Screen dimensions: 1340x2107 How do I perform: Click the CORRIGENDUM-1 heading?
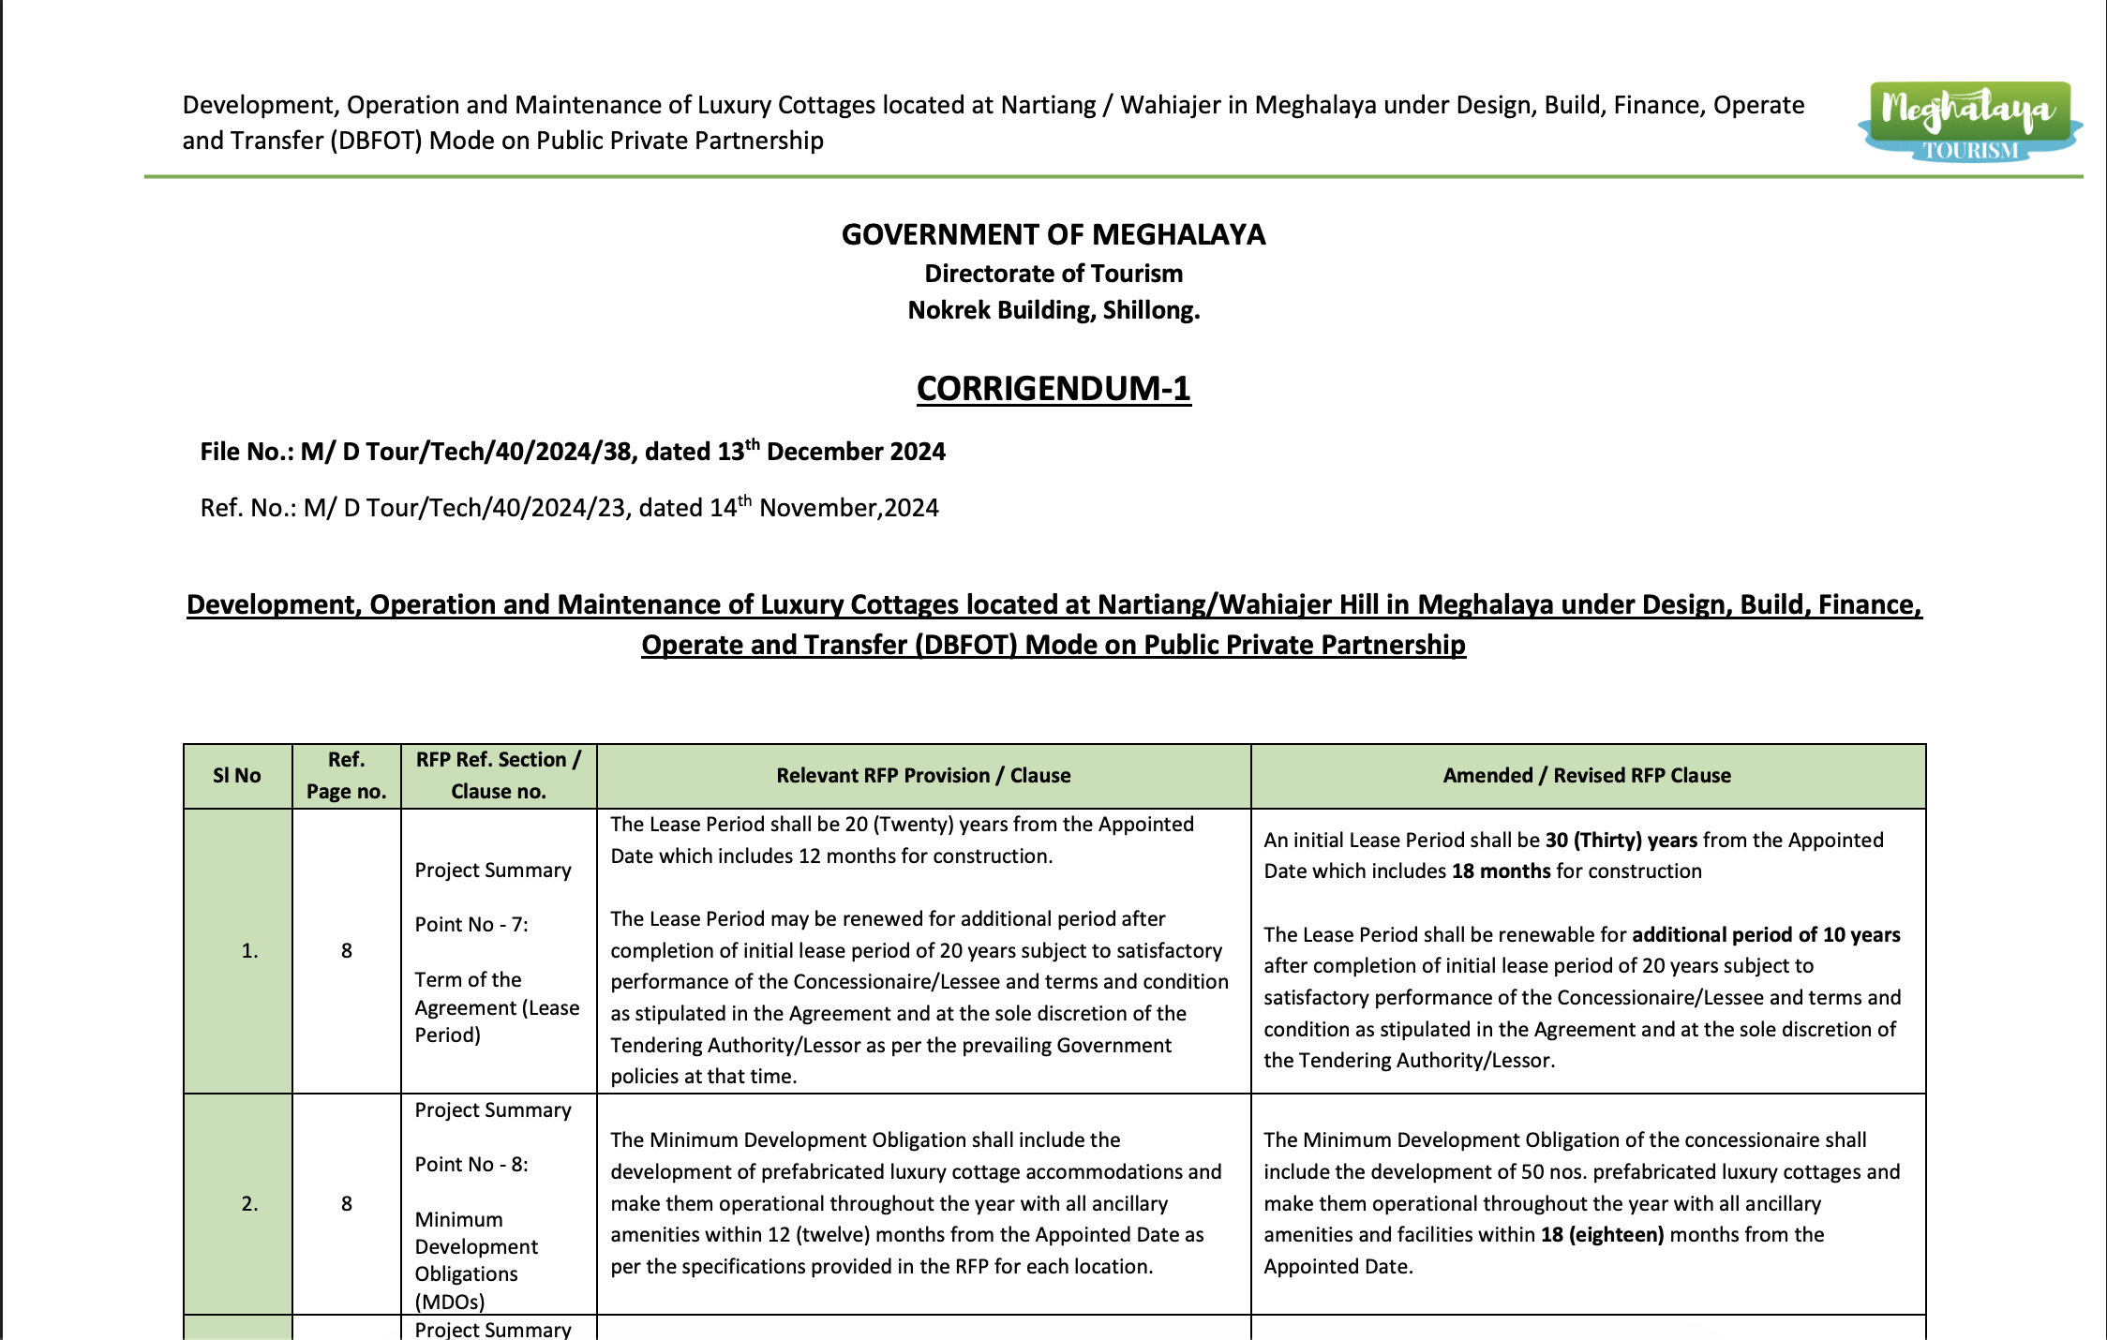click(x=1053, y=388)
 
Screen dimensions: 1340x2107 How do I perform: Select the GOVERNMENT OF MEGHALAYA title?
click(x=1053, y=234)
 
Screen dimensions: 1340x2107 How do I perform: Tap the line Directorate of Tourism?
click(x=1053, y=274)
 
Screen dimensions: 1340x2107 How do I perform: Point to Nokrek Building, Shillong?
click(x=1053, y=310)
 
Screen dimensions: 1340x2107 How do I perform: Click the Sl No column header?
click(x=237, y=776)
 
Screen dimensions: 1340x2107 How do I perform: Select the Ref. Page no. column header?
click(x=346, y=776)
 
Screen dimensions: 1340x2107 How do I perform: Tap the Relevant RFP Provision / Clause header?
click(x=923, y=776)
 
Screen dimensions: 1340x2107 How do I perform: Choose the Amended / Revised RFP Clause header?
click(x=1587, y=776)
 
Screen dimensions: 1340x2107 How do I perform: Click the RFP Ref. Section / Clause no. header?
click(x=499, y=776)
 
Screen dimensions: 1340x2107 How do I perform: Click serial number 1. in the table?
click(x=249, y=951)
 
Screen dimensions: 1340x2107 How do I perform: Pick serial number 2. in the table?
click(x=249, y=1204)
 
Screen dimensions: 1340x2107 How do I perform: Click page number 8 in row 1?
click(x=347, y=951)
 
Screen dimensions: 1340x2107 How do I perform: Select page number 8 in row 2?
click(x=347, y=1204)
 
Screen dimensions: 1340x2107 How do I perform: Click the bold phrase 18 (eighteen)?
click(x=1602, y=1235)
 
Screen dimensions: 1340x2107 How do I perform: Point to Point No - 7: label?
click(x=471, y=925)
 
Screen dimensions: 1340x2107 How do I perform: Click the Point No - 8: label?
click(x=471, y=1165)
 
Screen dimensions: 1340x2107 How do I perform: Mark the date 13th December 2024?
click(x=831, y=452)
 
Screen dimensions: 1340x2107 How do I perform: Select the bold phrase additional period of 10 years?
click(x=1766, y=935)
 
